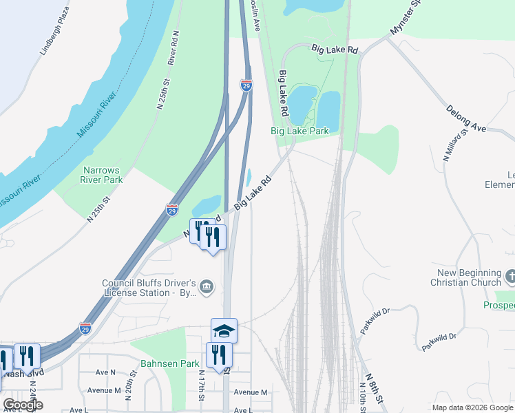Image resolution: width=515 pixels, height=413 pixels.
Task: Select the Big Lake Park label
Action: point(299,130)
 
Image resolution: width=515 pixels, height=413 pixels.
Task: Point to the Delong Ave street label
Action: point(466,118)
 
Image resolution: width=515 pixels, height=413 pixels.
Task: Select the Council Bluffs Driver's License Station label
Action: point(149,287)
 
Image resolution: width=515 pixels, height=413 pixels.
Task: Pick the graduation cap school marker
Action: point(224,330)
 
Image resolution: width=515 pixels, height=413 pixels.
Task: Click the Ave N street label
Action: point(106,372)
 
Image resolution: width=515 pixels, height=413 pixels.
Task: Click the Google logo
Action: point(23,405)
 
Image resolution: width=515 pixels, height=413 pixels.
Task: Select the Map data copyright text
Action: point(473,407)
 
